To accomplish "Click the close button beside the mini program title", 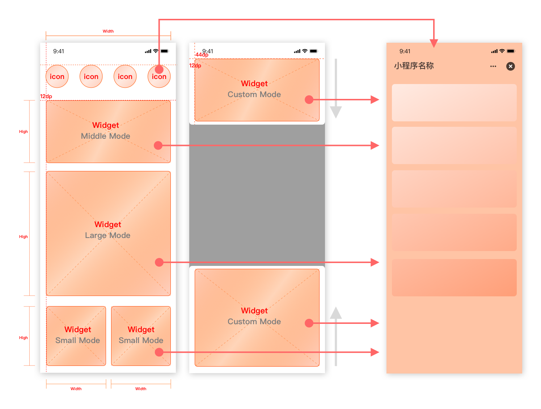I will click(510, 66).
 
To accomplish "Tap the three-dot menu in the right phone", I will click(493, 66).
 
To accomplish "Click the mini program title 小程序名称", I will click(414, 66).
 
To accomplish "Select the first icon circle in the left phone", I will click(57, 76).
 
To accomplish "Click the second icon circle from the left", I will click(91, 76).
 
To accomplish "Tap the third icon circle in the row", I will click(125, 76).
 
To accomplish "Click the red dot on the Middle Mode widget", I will click(158, 145).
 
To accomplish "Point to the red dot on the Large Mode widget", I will click(159, 262).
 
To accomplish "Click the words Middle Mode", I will click(105, 136).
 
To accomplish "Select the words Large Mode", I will click(107, 235).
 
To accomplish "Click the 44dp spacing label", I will click(202, 55).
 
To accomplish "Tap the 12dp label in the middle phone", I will click(195, 66).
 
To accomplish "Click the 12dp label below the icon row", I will click(46, 96).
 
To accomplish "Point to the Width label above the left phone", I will click(108, 31).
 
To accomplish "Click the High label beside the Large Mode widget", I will click(24, 237).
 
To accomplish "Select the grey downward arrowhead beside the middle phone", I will click(336, 112).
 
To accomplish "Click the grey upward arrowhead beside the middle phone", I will click(336, 313).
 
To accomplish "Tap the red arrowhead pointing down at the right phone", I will click(434, 43).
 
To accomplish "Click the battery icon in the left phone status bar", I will click(165, 51).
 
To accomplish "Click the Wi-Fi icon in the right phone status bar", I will click(502, 51).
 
